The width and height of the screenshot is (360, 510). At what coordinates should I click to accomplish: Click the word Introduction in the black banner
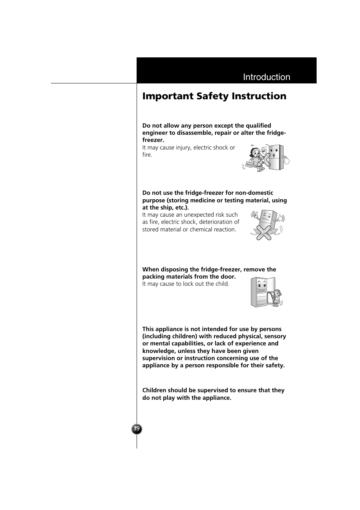[266, 77]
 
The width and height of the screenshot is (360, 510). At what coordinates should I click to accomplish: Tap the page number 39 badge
[137, 428]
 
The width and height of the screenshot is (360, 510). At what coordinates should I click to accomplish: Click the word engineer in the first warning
[155, 133]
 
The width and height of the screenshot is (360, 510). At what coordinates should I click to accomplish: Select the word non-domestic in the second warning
[254, 193]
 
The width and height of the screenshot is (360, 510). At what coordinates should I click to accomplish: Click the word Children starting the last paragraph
[154, 390]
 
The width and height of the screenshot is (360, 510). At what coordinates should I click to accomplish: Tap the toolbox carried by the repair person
[249, 164]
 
